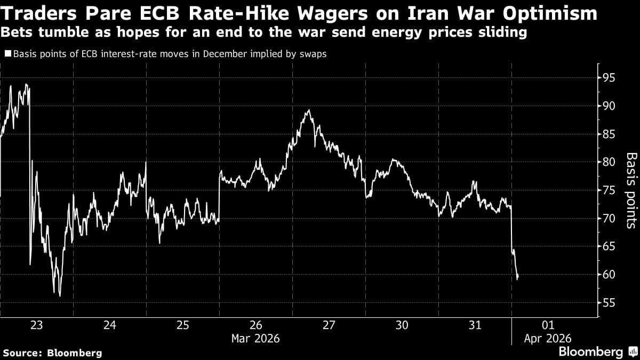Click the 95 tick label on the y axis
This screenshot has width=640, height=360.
(609, 78)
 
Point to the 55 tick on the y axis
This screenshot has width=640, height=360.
(609, 303)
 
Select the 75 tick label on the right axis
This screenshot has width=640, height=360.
(609, 190)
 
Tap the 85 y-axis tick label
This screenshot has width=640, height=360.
(609, 134)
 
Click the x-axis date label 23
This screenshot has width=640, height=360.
(36, 325)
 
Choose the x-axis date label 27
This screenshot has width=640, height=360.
(329, 325)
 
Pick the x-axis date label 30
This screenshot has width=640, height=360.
(402, 325)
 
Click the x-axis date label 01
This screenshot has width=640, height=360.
(548, 325)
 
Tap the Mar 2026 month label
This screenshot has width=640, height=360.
(255, 338)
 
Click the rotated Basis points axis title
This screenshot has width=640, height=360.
(631, 190)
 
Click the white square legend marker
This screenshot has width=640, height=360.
(7, 53)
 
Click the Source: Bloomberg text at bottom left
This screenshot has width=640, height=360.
(52, 353)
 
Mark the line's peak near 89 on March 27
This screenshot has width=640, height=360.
(308, 110)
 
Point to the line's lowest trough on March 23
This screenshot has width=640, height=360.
(60, 295)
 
